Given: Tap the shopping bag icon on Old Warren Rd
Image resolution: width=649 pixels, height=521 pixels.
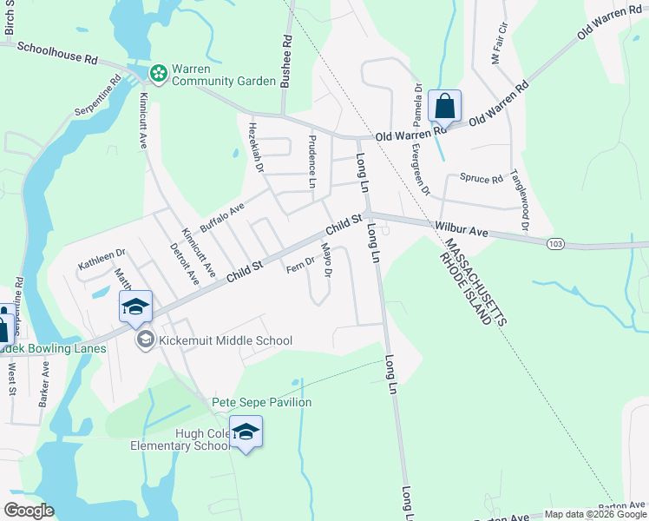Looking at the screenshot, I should [x=444, y=107].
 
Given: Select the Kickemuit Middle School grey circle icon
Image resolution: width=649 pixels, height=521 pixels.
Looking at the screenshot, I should [x=145, y=340].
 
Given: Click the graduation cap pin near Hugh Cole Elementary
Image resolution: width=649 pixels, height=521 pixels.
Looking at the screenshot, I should [x=246, y=432].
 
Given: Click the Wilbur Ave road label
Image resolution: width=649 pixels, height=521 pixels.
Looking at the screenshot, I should [x=462, y=231].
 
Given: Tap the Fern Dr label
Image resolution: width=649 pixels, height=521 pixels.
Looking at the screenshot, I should [x=300, y=263].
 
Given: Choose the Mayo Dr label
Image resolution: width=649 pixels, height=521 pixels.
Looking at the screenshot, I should [x=327, y=260].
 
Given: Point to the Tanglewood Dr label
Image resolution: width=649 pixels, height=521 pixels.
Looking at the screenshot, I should [x=520, y=200].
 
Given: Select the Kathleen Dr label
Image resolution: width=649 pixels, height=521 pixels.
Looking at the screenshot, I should [x=102, y=258].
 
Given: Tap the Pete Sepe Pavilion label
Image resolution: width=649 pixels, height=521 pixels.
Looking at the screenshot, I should [x=262, y=402].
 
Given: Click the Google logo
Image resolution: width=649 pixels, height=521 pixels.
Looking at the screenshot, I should [x=29, y=510].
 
